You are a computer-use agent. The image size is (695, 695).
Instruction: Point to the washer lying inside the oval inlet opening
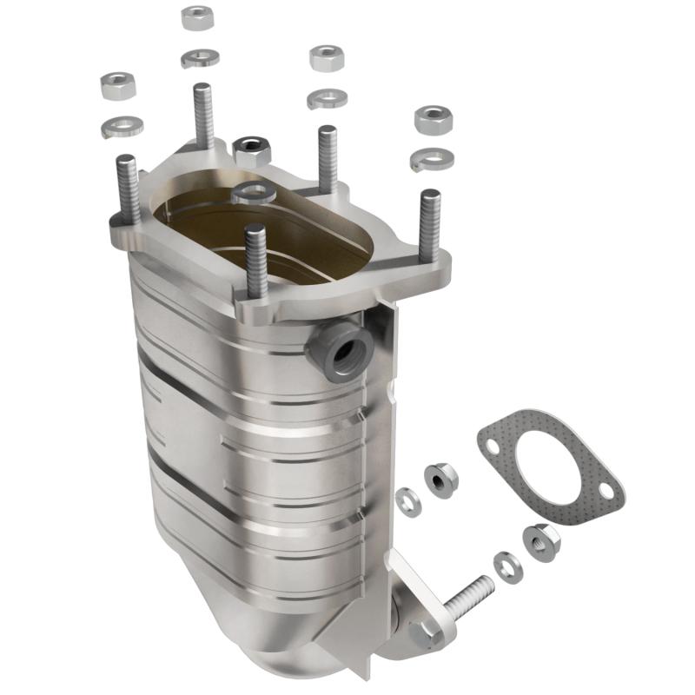tap(255, 194)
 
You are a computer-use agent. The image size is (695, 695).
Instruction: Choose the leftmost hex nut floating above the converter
tap(117, 85)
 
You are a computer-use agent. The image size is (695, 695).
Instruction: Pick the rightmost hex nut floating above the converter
tap(432, 120)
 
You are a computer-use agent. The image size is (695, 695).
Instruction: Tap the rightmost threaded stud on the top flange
tap(429, 225)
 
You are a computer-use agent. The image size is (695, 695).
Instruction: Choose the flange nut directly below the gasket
tap(539, 540)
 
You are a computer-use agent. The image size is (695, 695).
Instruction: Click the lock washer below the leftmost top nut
tap(122, 127)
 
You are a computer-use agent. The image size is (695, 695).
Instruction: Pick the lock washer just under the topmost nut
tap(200, 58)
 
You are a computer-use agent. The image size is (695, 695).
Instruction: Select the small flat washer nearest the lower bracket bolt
tap(508, 566)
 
